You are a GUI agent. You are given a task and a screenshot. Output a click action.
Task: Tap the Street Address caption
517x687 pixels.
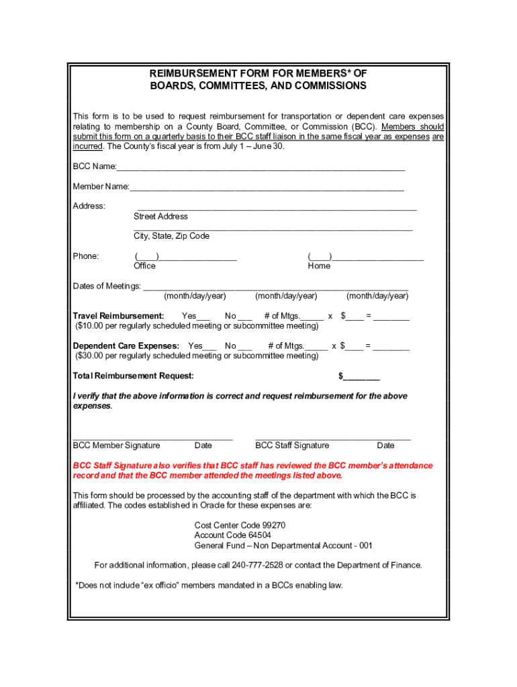tap(160, 217)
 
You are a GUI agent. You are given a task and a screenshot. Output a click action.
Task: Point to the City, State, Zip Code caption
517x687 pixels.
tap(171, 236)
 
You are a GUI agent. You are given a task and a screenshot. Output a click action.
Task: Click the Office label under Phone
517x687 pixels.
tap(144, 266)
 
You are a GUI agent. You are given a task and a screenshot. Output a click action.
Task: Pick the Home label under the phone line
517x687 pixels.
tap(319, 266)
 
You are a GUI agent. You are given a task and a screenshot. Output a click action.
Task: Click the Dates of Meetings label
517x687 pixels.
tap(107, 286)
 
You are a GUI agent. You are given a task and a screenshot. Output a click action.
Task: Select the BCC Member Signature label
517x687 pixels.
tap(116, 445)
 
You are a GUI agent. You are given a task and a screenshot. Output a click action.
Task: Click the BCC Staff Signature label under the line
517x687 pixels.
tap(292, 445)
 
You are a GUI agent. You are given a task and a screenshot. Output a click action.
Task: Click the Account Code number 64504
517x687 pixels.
tap(258, 536)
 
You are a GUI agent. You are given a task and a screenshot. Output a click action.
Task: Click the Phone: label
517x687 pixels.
tap(86, 256)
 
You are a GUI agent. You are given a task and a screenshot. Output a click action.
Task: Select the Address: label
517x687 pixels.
tap(89, 206)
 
